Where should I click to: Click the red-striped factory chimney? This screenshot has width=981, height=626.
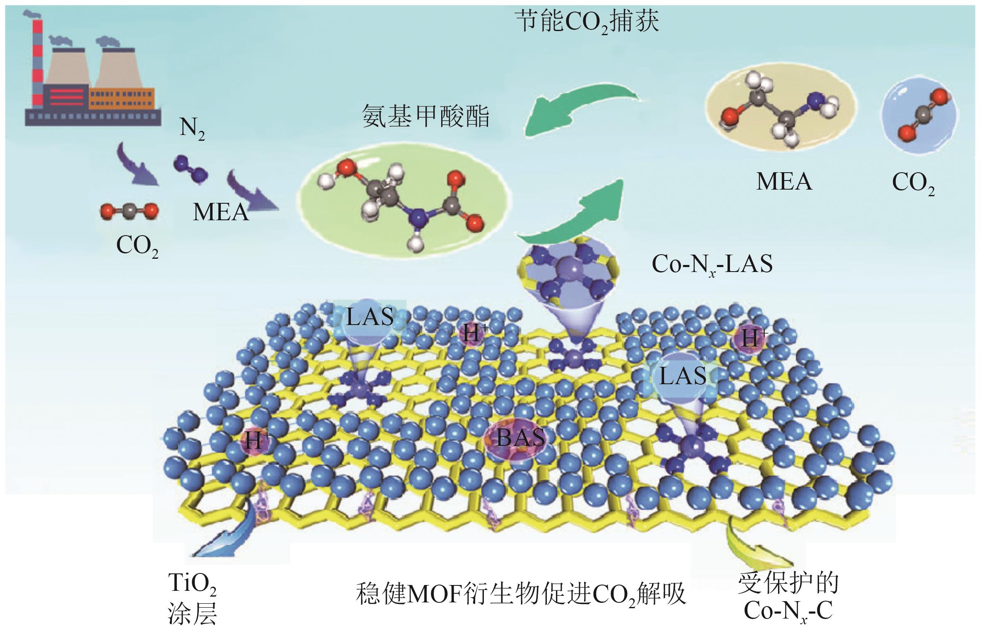click(37, 62)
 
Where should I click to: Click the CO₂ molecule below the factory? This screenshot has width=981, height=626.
click(129, 212)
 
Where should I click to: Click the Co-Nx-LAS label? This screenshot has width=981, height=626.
click(712, 264)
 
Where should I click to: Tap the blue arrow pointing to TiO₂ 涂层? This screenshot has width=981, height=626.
click(224, 534)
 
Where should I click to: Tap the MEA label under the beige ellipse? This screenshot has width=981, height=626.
click(784, 182)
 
